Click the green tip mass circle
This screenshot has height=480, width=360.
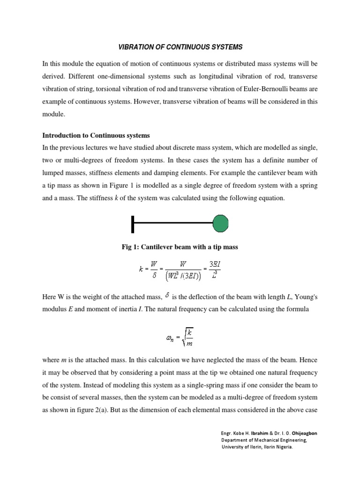(x=221, y=224)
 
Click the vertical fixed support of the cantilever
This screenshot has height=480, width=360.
(x=134, y=224)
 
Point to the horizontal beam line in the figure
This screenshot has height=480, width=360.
(x=173, y=224)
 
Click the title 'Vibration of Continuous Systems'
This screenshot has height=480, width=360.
(x=180, y=47)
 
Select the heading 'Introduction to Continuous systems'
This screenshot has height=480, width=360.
(x=96, y=135)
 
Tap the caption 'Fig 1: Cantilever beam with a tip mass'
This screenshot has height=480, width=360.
(x=180, y=247)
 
